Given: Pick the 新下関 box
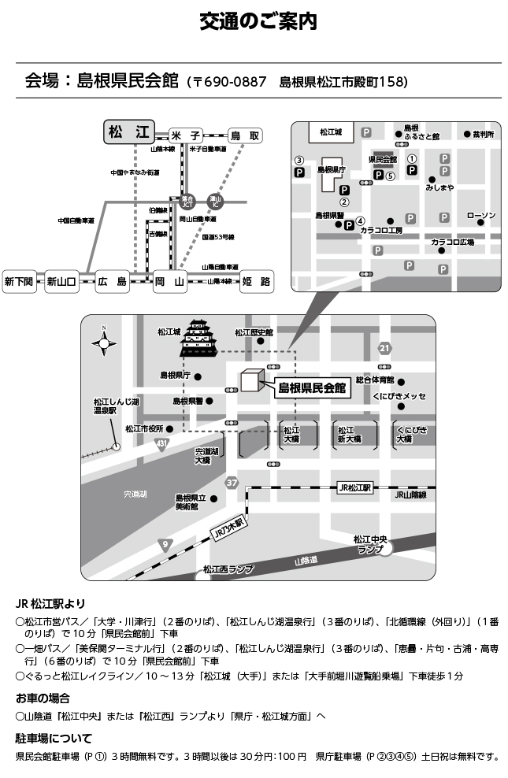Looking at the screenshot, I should tap(20, 281).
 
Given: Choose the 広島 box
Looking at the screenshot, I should tap(113, 281).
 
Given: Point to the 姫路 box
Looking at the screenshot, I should tap(255, 281).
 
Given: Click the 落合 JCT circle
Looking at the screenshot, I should tap(187, 201).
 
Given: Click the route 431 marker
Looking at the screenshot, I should tap(162, 445).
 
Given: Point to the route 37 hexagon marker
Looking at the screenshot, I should tap(231, 482).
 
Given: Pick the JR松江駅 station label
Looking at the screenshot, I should tap(354, 487).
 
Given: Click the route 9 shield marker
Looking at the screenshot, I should tap(165, 544).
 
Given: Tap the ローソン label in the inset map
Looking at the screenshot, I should tap(480, 215).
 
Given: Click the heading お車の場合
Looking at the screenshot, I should tap(43, 698).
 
